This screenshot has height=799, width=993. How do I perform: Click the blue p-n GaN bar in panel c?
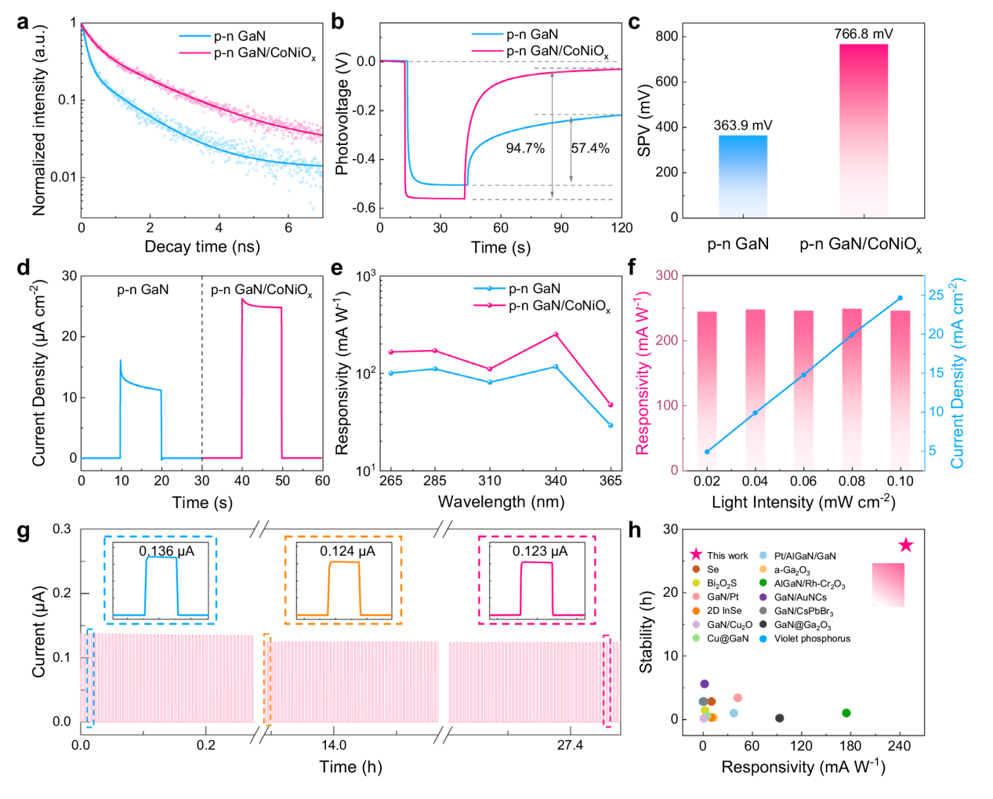742,176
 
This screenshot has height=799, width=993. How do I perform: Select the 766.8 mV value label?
863,34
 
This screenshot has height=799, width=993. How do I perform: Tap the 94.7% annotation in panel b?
525,148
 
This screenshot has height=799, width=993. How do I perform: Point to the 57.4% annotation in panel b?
590,148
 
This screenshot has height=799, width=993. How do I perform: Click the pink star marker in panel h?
905,545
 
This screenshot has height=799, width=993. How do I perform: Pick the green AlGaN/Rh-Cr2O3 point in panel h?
846,713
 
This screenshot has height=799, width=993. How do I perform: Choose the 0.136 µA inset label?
167,551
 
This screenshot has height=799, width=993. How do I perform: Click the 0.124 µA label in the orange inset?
347,551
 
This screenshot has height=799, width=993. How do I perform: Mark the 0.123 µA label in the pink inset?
540,551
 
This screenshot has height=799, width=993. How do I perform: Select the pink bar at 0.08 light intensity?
852,389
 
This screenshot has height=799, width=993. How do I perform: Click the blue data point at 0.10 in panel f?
900,298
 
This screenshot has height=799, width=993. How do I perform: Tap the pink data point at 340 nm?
556,335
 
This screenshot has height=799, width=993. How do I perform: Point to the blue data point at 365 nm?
611,425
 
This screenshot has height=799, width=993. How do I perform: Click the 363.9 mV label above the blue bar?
742,125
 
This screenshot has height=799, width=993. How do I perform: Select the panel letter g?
24,532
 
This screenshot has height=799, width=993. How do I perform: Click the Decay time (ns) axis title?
201,246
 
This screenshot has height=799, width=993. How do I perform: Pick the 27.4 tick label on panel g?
570,745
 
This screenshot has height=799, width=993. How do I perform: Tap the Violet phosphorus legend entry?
812,638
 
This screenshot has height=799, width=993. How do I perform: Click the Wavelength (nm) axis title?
501,502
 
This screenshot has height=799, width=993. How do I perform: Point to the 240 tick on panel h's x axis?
899,745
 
